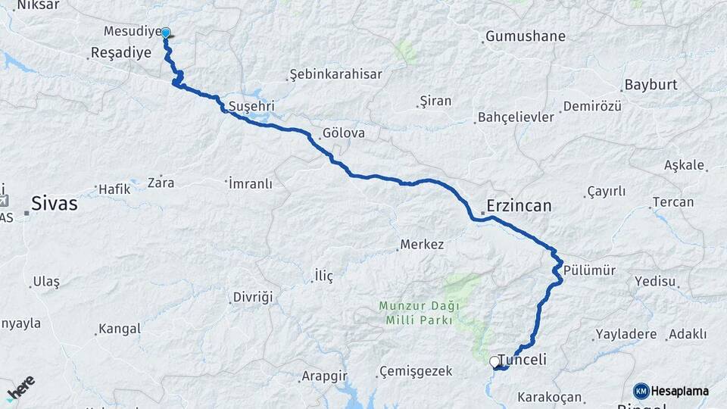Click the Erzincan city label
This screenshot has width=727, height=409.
click(x=519, y=206)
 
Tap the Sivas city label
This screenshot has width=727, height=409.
click(x=55, y=203)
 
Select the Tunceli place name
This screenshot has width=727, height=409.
click(x=523, y=361)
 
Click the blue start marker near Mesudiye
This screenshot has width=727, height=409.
click(x=165, y=33)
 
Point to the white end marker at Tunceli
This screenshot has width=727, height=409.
click(x=495, y=362)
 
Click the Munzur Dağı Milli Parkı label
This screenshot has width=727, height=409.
click(x=416, y=313)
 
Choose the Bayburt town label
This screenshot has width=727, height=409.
click(x=651, y=84)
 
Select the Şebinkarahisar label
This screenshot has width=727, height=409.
click(x=335, y=74)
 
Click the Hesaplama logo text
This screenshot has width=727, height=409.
click(x=679, y=391)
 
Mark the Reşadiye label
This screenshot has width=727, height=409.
click(x=120, y=52)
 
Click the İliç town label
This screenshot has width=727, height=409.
click(x=323, y=276)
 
